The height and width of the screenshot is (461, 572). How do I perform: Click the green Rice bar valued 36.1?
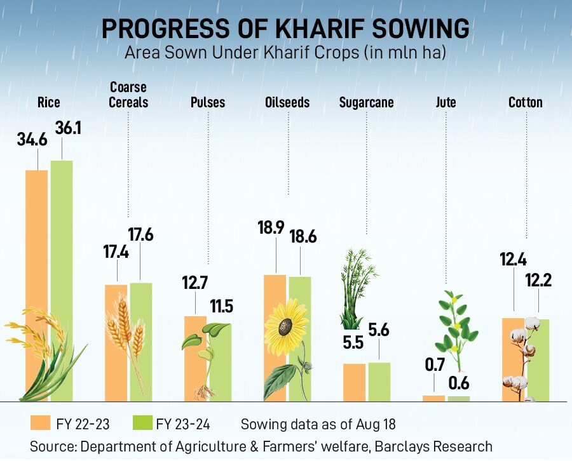coord(62,254)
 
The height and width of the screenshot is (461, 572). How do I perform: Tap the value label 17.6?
coord(140,234)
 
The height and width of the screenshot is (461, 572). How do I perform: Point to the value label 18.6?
coord(303,236)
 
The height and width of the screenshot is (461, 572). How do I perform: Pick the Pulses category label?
coord(208,102)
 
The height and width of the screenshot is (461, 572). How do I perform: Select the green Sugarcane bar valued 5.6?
coord(379,382)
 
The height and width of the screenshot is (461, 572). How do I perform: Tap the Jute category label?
coord(446,102)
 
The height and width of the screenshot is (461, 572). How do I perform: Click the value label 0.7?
coord(434,364)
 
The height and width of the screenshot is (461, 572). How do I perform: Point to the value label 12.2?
coord(538,281)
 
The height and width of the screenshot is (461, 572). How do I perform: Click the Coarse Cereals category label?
coord(128,95)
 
